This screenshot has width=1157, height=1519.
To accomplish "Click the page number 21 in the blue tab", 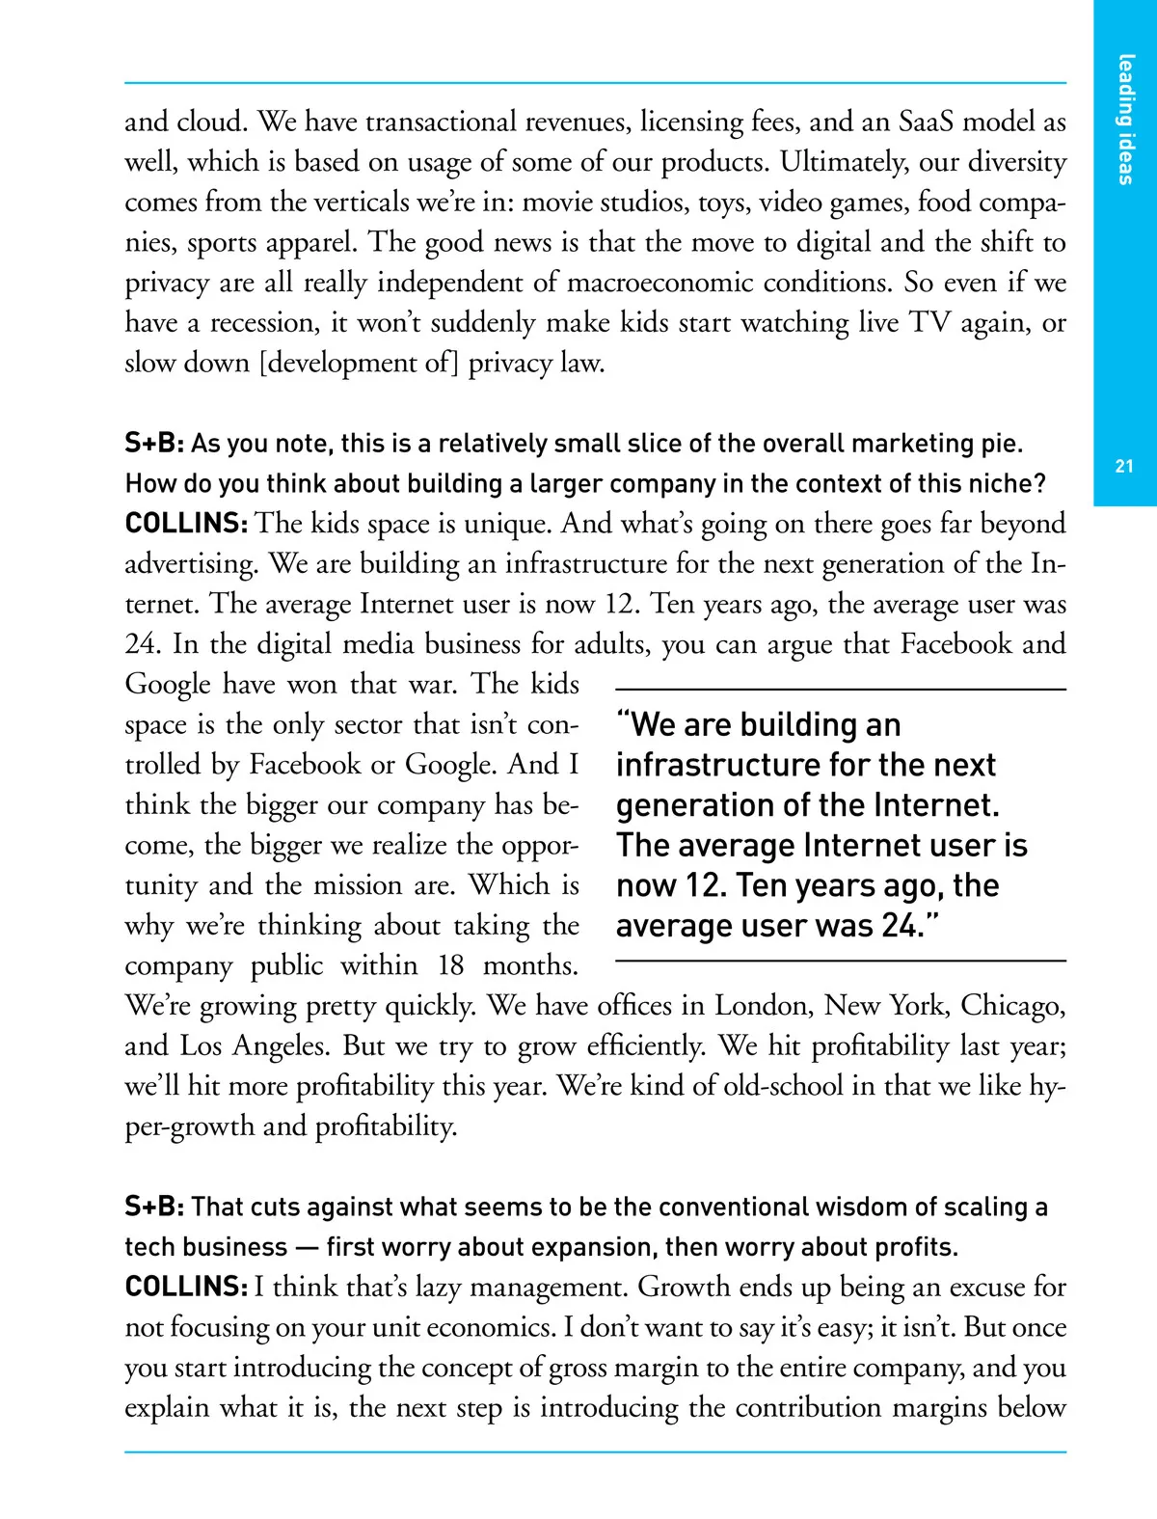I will coord(1124,466).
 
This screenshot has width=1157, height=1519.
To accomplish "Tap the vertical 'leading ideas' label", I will coord(1125,120).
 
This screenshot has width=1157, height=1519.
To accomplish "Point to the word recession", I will coord(264,323).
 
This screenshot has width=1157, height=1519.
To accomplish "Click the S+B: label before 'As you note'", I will coord(154,444).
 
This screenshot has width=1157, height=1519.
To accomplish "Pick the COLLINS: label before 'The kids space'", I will coord(186,524).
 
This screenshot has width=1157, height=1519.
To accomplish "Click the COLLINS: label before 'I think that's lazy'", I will coord(186,1288).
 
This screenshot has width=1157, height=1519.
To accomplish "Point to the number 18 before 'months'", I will coord(450,966).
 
